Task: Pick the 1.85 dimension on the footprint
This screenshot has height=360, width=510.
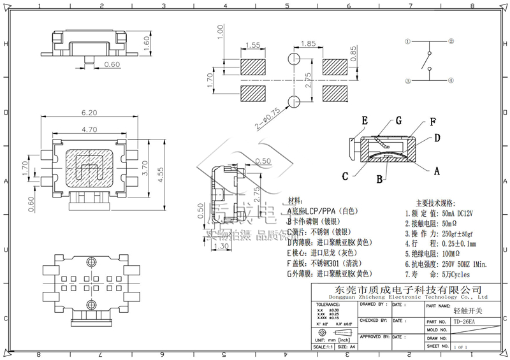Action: coord(309,44)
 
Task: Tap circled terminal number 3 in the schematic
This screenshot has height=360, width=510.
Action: coord(407,81)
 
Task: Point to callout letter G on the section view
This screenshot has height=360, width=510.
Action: coord(398,120)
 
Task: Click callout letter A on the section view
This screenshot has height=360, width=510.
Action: coord(437,170)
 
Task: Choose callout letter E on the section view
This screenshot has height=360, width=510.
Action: coord(365,120)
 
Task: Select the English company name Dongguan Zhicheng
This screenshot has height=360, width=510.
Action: coord(398,297)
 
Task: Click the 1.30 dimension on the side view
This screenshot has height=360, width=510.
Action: coord(221,246)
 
